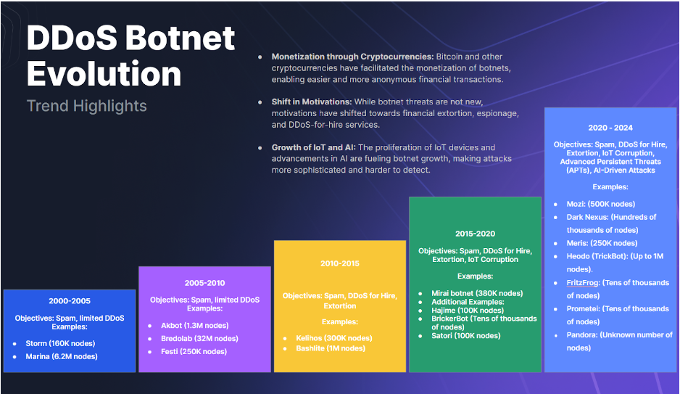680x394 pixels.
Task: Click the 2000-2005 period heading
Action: pos(70,300)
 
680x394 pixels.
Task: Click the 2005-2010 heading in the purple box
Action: pos(204,282)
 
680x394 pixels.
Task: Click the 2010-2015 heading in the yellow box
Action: pos(340,263)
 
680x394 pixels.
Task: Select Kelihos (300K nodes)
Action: pos(333,338)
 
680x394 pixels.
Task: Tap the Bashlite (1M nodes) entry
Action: pos(331,348)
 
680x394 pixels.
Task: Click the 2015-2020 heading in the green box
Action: pos(475,234)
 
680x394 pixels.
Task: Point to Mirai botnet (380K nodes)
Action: pos(473,294)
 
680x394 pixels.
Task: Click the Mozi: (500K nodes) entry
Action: pos(602,204)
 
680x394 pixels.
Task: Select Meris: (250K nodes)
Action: pos(602,243)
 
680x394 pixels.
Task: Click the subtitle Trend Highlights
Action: pos(86,106)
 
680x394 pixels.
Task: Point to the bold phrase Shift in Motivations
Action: pos(311,102)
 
